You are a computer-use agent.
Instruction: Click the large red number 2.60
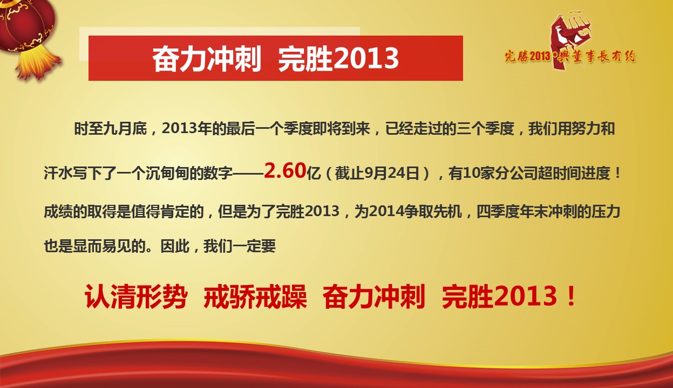tap(285, 170)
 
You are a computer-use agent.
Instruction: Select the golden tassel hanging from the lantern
tap(38, 64)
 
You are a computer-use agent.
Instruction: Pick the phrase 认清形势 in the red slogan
tap(136, 297)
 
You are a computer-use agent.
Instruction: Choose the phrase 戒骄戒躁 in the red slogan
tap(255, 297)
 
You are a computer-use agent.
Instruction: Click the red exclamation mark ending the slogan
tap(571, 296)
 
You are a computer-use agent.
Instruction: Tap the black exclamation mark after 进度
tap(617, 173)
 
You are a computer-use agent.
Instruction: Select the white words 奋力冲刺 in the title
tap(206, 59)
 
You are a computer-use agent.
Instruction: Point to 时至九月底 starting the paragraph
tap(111, 129)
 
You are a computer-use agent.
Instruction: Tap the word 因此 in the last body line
tap(175, 246)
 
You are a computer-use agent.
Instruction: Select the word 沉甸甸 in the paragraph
tap(167, 174)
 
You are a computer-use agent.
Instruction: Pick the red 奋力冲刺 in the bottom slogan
tap(374, 297)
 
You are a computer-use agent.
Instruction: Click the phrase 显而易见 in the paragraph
tap(102, 246)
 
